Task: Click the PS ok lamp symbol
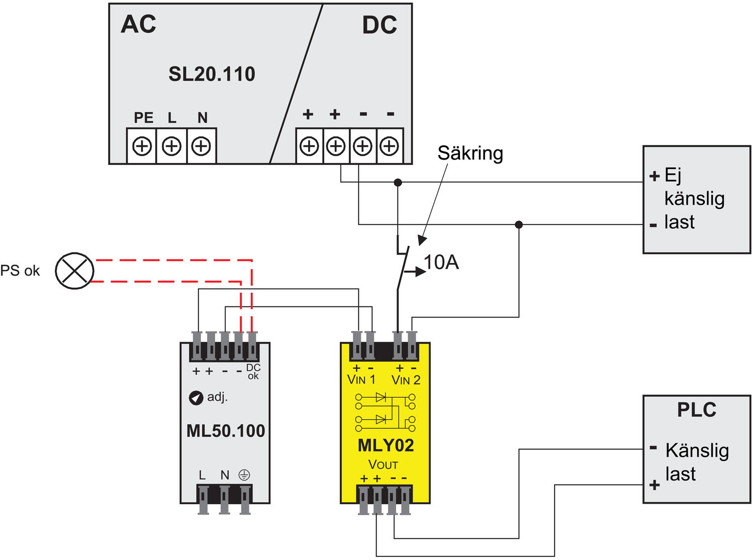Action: point(74,271)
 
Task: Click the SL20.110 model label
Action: point(212,74)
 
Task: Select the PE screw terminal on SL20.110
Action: point(142,146)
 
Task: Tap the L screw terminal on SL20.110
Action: point(172,146)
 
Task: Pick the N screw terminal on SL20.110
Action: point(202,146)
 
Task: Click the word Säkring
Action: point(470,153)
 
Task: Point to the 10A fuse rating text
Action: point(441,262)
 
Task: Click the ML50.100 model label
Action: point(226,431)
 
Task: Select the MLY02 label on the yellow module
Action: point(386,445)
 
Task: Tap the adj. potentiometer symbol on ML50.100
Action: point(196,397)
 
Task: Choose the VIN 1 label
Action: point(361,380)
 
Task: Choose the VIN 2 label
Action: point(406,380)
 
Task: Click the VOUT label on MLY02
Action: point(383,464)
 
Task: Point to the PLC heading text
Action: point(696,410)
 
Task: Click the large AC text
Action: point(138,24)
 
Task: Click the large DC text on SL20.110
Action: point(380,25)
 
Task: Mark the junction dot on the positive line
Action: point(398,182)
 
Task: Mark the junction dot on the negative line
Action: point(519,224)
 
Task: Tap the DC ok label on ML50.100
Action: point(253,372)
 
